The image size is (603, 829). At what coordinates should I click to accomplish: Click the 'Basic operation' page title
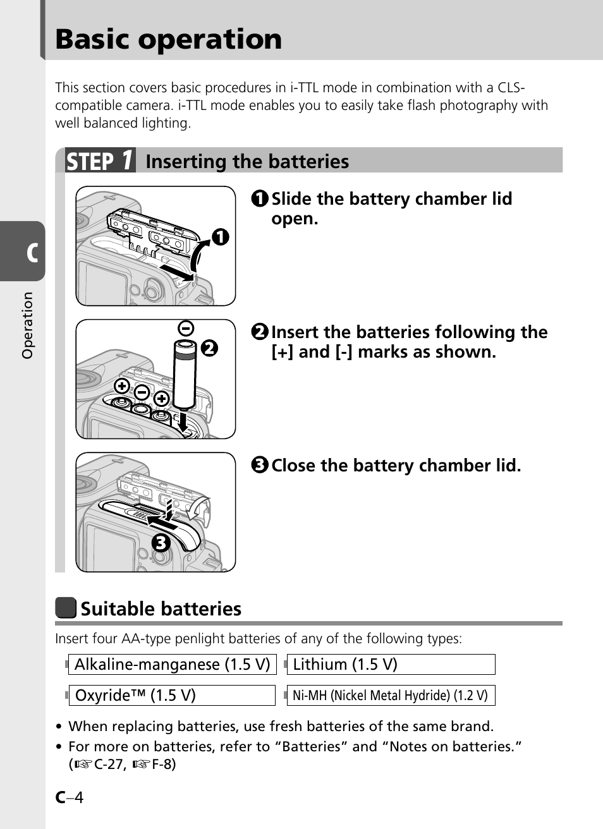point(168,39)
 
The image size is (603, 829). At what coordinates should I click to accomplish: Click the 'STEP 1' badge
point(100,161)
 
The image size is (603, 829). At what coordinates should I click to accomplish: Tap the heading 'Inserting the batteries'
point(247,162)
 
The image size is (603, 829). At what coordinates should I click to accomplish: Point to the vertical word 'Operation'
point(27,325)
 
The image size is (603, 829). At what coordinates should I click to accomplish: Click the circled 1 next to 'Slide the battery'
point(260,199)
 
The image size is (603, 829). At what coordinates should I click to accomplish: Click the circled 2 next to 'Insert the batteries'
point(260,332)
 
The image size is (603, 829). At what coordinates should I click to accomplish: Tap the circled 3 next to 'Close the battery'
point(260,466)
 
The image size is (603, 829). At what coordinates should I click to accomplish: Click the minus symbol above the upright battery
point(186,328)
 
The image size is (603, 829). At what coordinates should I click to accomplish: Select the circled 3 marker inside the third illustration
point(161,542)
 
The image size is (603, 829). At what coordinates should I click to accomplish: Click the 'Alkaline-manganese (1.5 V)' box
point(172,665)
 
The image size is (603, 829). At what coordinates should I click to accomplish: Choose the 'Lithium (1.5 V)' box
point(391,665)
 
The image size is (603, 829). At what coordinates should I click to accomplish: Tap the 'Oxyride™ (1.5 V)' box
point(172,696)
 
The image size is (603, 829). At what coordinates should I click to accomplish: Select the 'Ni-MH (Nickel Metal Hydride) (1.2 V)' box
point(391,696)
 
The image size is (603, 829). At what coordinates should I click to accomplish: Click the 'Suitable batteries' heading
point(161,609)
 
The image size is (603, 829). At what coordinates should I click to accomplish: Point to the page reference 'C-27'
point(109,765)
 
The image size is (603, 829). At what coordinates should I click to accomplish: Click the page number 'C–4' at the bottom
point(69,797)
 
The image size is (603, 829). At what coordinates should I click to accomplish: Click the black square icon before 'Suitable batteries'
point(66,608)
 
